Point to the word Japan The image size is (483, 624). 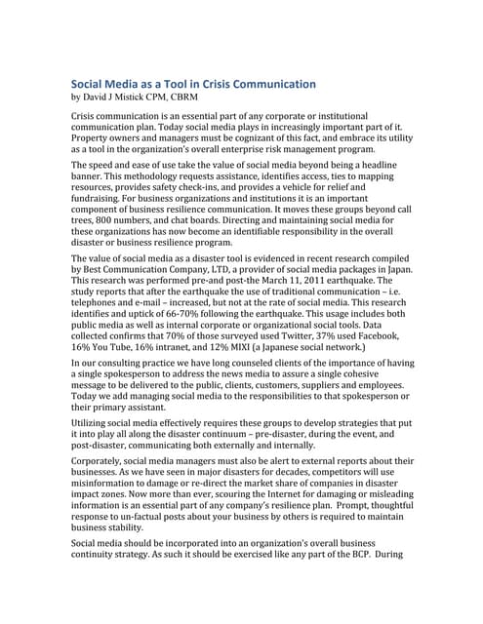coord(395,262)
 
